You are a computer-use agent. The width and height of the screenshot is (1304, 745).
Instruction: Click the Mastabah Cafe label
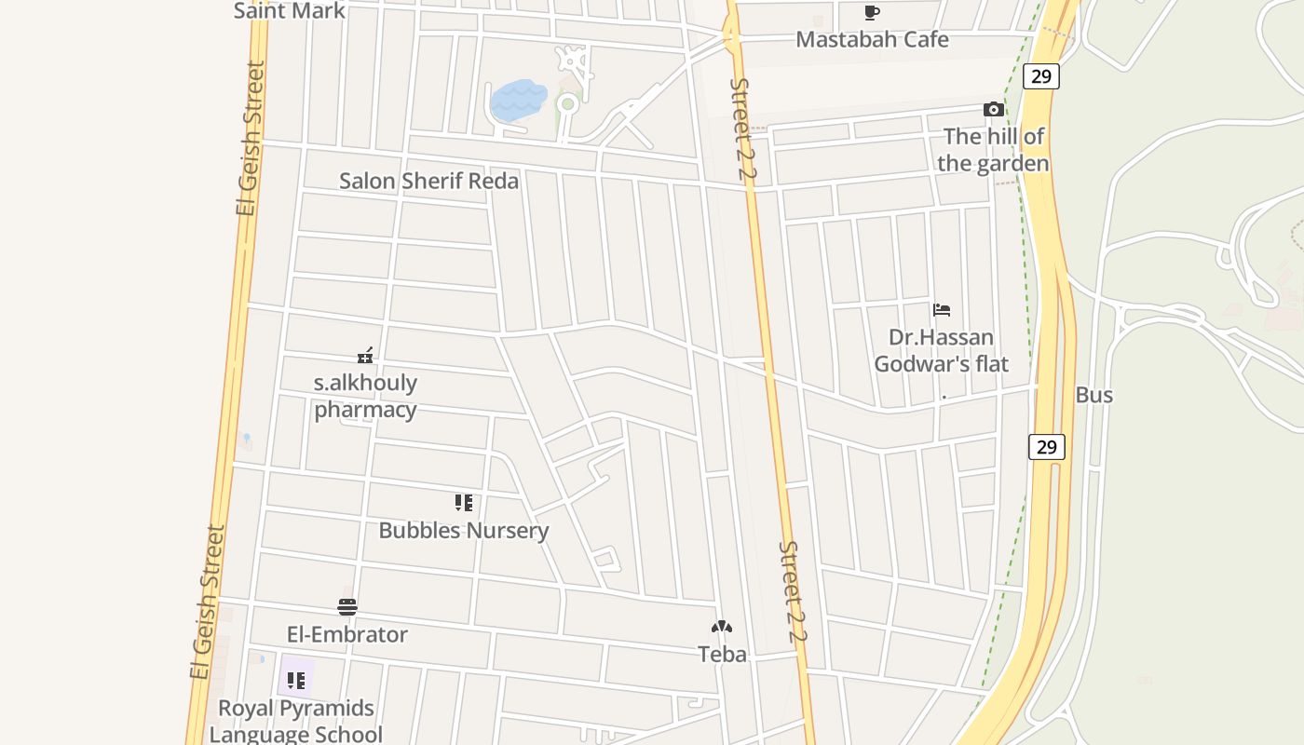coord(872,39)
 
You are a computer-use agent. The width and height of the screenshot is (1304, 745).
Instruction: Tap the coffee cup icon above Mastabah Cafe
coord(871,12)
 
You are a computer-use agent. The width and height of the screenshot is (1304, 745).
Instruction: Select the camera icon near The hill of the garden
coord(993,110)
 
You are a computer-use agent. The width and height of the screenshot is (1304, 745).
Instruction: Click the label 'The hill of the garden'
coord(993,150)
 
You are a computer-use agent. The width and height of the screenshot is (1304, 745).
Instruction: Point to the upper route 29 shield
coord(1040,76)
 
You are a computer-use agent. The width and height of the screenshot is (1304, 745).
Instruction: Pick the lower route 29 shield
coord(1046,447)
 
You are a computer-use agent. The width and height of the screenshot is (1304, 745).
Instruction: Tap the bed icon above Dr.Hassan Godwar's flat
coord(942,310)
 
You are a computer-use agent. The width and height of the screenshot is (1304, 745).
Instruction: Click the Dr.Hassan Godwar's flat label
coord(941,350)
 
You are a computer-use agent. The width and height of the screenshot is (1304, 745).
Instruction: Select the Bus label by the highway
coord(1093,395)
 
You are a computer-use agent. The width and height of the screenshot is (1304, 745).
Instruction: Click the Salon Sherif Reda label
coord(428,181)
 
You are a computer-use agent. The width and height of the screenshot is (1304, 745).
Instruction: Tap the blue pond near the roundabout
coord(518,101)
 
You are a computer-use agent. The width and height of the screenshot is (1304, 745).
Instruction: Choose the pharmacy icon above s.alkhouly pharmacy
coord(365,356)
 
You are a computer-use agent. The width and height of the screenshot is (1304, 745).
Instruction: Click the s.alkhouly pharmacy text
coord(365,396)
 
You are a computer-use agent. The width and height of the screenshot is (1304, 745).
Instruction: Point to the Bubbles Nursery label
coord(463,530)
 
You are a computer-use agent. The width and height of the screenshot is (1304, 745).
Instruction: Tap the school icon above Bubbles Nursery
coord(463,503)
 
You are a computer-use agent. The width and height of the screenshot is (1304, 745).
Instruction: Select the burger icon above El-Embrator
coord(347,607)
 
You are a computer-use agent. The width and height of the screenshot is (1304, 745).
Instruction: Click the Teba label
coord(722,654)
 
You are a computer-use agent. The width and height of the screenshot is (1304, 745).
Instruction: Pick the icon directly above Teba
coord(722,627)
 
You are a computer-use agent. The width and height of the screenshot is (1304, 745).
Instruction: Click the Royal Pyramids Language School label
coord(295,721)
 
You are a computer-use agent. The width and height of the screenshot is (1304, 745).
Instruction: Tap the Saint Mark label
coord(289,10)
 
